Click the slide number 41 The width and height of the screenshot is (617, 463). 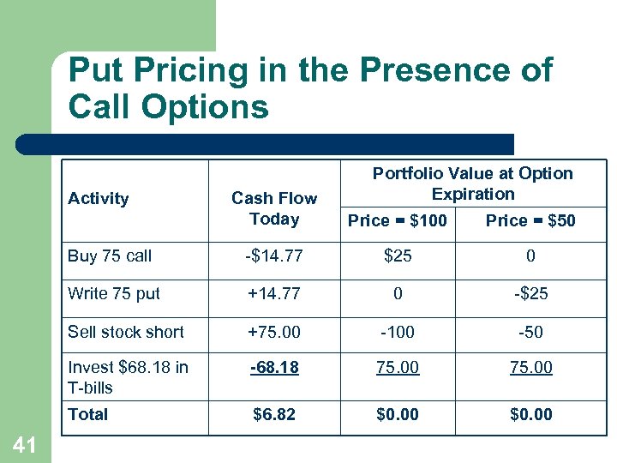24,444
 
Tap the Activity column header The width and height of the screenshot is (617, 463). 98,199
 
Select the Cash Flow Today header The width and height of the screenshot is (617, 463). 274,208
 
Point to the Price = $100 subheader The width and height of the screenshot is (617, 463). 398,220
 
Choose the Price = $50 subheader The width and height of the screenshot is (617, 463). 530,220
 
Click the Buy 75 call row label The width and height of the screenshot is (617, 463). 110,256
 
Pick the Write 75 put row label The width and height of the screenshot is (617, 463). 114,293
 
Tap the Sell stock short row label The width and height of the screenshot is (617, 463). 126,331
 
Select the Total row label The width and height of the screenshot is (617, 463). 88,414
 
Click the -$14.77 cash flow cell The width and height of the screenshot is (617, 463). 274,256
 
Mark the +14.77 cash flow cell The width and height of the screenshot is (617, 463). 274,293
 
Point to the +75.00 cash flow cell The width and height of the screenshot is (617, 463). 274,331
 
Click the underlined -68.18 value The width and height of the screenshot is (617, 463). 274,368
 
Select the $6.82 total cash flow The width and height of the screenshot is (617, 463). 274,415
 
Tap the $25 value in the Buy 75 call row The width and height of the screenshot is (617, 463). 398,256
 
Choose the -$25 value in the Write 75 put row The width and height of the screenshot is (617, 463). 531,293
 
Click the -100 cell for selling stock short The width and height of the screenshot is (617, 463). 398,331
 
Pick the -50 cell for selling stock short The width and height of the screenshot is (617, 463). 531,331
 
